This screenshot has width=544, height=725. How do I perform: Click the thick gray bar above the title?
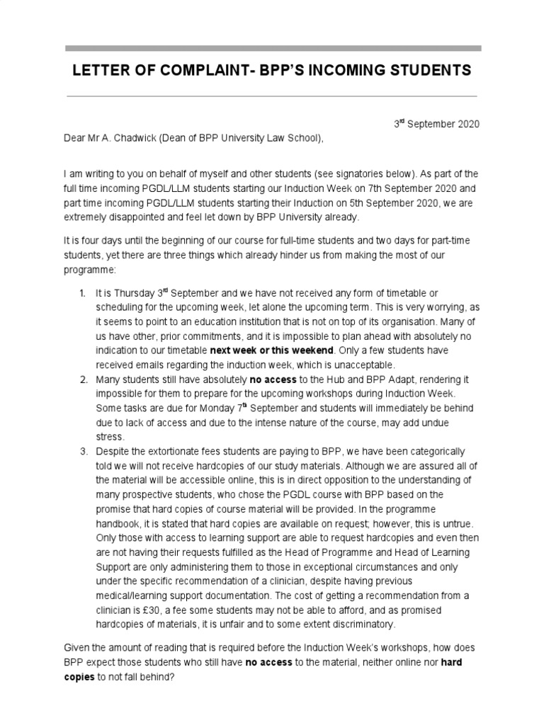273,49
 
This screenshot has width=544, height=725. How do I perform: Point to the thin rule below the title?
273,96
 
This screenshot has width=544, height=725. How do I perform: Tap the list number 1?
83,293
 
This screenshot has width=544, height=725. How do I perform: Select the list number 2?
83,380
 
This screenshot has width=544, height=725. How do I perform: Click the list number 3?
83,452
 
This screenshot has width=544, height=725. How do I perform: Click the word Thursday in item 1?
132,293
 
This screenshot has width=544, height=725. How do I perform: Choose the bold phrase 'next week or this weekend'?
273,350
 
